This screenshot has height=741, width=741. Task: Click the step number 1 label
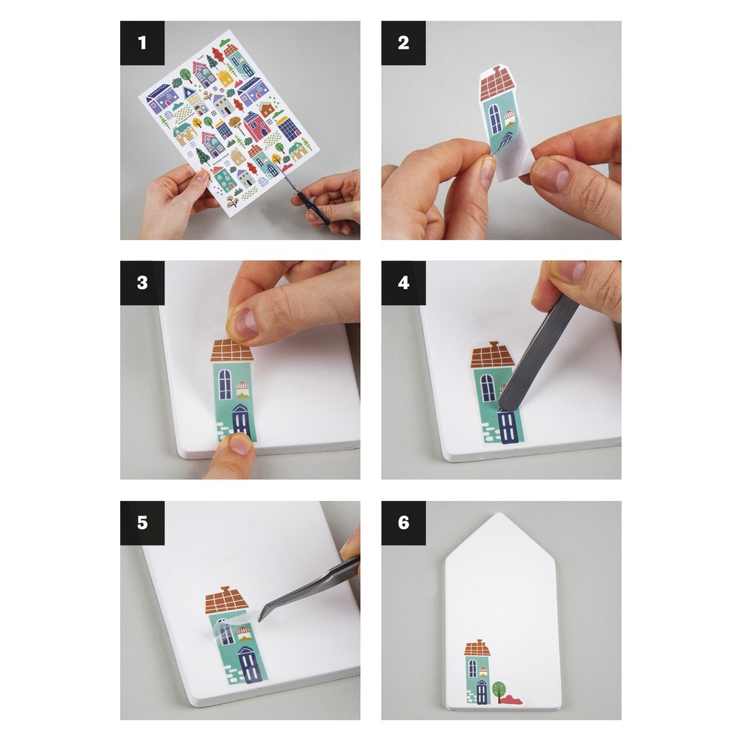click(x=142, y=43)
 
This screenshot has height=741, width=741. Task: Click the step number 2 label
click(x=404, y=43)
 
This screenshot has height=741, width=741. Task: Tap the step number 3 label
click(x=142, y=282)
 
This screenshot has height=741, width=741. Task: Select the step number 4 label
click(x=404, y=282)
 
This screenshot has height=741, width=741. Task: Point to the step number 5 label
click(x=142, y=522)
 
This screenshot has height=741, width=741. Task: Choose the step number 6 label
click(x=404, y=522)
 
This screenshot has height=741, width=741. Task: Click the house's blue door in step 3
click(x=240, y=422)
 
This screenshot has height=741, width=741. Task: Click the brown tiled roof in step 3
click(x=231, y=350)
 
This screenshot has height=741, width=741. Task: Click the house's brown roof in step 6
click(x=478, y=648)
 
